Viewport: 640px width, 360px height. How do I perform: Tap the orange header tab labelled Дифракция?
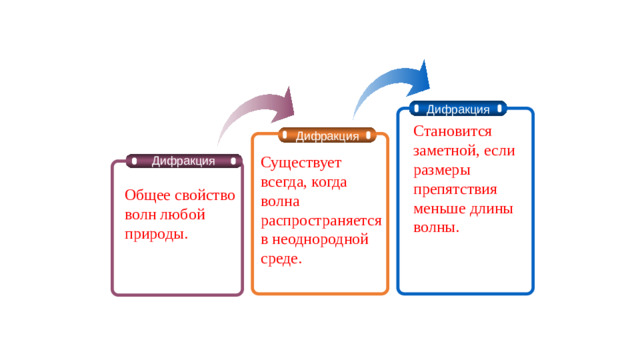pos(328,136)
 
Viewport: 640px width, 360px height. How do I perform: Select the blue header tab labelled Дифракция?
pos(458,109)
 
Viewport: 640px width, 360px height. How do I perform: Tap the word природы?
pos(156,234)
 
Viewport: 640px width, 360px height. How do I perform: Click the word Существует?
pos(301,163)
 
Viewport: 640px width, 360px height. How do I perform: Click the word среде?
pos(280,259)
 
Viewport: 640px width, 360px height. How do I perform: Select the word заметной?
pos(445,150)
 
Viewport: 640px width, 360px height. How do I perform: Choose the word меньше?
pos(441,208)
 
